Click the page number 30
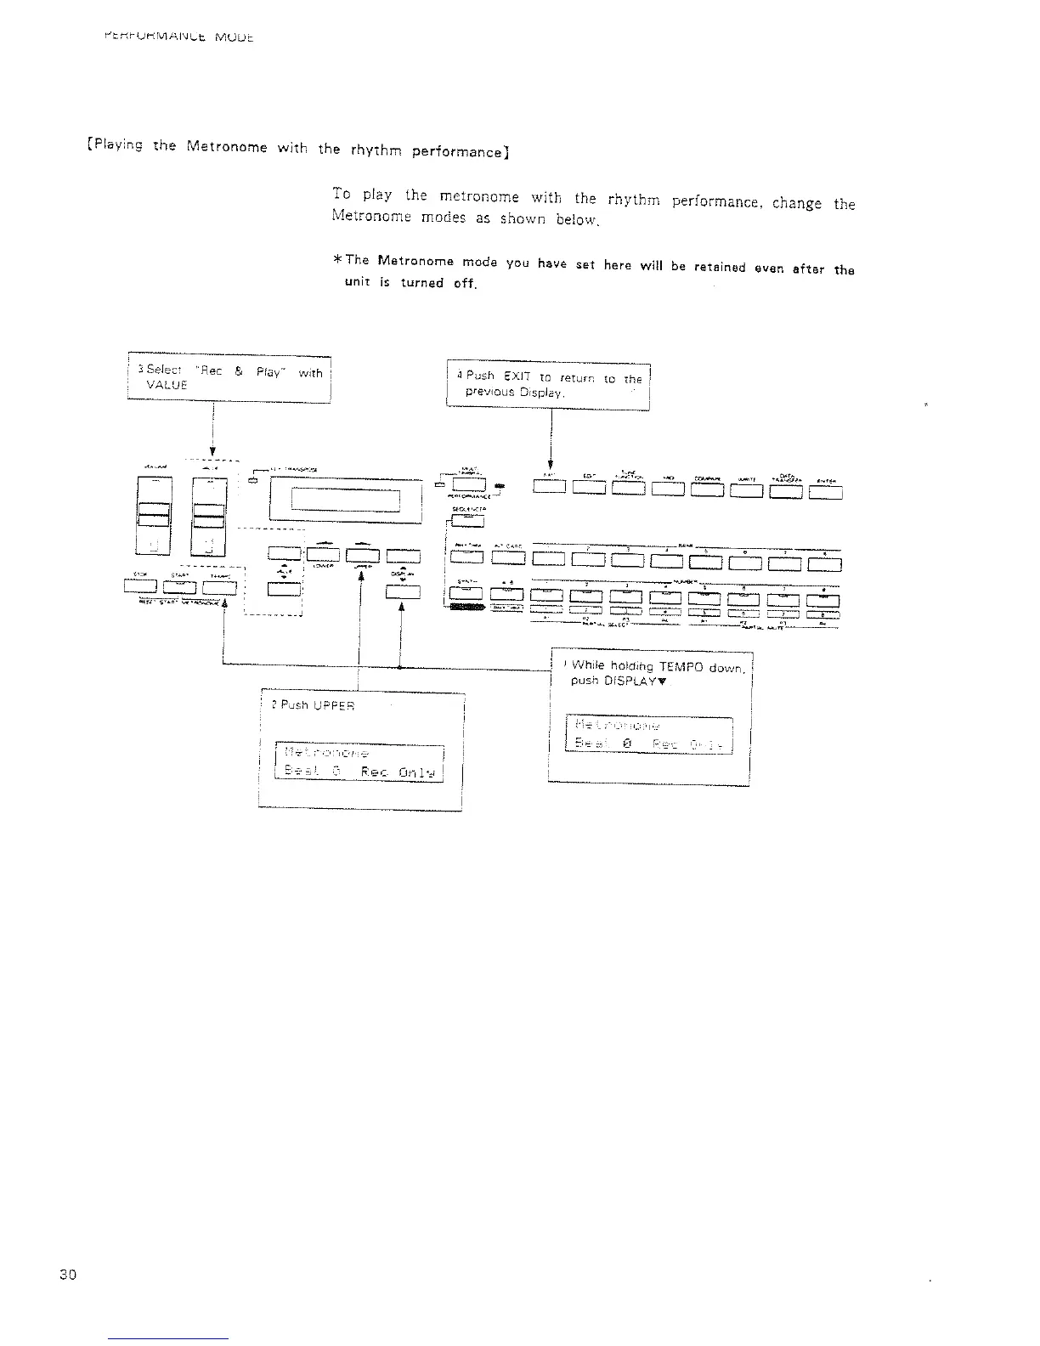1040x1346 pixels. pyautogui.click(x=68, y=1275)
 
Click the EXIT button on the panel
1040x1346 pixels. pyautogui.click(x=548, y=488)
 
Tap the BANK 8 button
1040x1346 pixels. pyautogui.click(x=824, y=562)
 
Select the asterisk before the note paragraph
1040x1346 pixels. pyautogui.click(x=339, y=259)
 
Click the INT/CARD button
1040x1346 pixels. pyautogui.click(x=507, y=557)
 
